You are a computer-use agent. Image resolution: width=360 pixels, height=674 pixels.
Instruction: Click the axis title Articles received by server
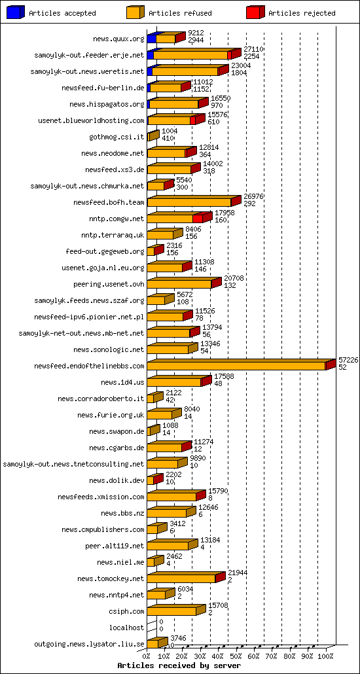point(175,665)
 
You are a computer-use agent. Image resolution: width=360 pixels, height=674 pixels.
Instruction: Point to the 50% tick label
point(237,655)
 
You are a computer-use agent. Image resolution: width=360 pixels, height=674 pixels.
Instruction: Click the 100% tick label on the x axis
point(325,655)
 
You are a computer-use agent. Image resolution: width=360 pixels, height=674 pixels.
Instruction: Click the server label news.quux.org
point(118,39)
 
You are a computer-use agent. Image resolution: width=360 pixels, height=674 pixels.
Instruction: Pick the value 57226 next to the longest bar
point(348,361)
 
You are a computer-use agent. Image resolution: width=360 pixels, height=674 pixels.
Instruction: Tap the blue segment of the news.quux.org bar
point(152,39)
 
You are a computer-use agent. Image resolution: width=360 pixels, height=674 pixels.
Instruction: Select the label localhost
point(126,628)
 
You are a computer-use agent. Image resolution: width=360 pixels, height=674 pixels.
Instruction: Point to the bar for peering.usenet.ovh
point(180,284)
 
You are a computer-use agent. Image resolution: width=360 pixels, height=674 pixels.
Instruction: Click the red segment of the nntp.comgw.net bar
point(198,219)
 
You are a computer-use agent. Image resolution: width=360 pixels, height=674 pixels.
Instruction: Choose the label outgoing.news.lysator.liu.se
point(98,644)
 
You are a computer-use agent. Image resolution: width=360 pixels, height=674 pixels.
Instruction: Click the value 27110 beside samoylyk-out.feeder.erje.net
point(253,49)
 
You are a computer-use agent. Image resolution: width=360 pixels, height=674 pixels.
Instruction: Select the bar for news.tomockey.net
point(181,578)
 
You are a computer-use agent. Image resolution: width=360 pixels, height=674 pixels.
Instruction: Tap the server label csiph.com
point(127,611)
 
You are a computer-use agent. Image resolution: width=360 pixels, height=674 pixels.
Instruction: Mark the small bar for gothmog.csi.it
point(152,137)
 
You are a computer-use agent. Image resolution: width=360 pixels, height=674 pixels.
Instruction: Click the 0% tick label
point(147,655)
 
